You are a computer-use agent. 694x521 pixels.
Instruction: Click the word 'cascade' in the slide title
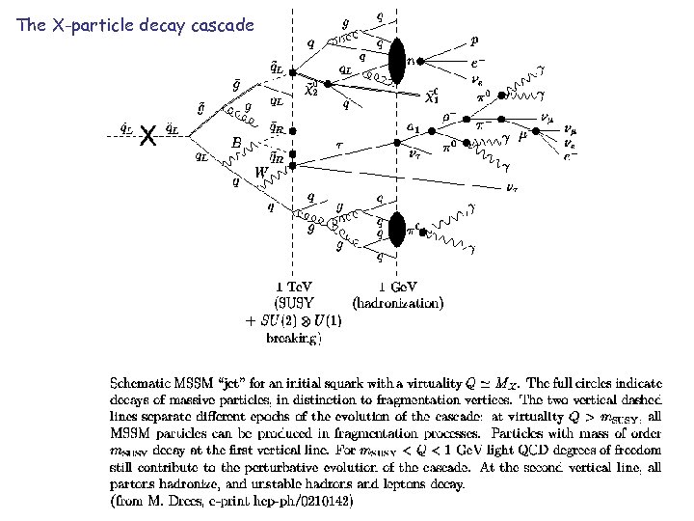[221, 25]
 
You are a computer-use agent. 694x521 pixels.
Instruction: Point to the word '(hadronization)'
[398, 303]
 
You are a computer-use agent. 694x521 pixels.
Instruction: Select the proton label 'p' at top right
[473, 41]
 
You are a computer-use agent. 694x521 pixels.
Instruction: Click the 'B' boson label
[235, 143]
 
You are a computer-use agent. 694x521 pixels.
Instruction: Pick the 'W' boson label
[261, 173]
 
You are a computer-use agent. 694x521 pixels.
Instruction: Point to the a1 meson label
[412, 126]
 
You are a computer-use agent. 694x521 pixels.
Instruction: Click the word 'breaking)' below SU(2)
[295, 338]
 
